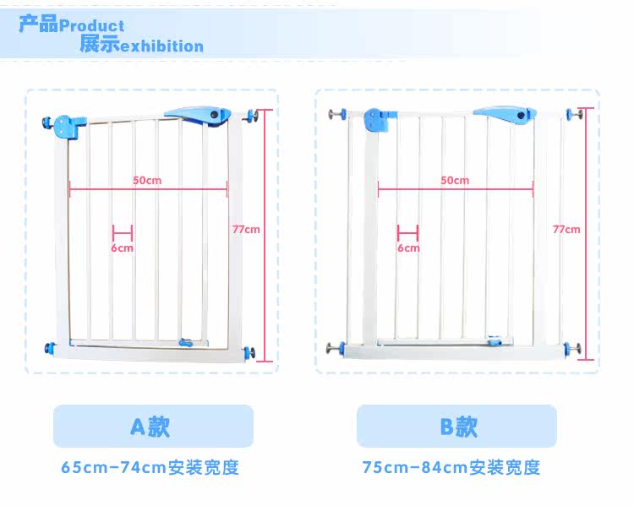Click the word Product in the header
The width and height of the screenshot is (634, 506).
point(92,26)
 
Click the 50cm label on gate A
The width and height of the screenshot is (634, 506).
point(146,180)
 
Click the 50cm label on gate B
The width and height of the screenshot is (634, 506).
point(454,180)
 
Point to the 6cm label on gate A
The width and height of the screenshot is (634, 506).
point(122,248)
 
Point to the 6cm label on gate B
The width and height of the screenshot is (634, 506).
point(407,248)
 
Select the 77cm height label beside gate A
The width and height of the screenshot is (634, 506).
point(246,229)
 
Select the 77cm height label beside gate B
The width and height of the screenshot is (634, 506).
point(566,229)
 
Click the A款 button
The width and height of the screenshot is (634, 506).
point(152,426)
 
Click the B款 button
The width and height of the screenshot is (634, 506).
point(456,426)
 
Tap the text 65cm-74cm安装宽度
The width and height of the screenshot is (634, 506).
point(150,467)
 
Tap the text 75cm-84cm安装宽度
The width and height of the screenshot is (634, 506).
point(451,467)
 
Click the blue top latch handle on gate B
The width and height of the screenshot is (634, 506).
point(505,114)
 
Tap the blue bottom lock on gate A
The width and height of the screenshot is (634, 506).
point(190,342)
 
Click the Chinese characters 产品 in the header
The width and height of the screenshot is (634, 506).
point(39,24)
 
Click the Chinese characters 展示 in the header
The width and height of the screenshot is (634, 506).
point(100,45)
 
